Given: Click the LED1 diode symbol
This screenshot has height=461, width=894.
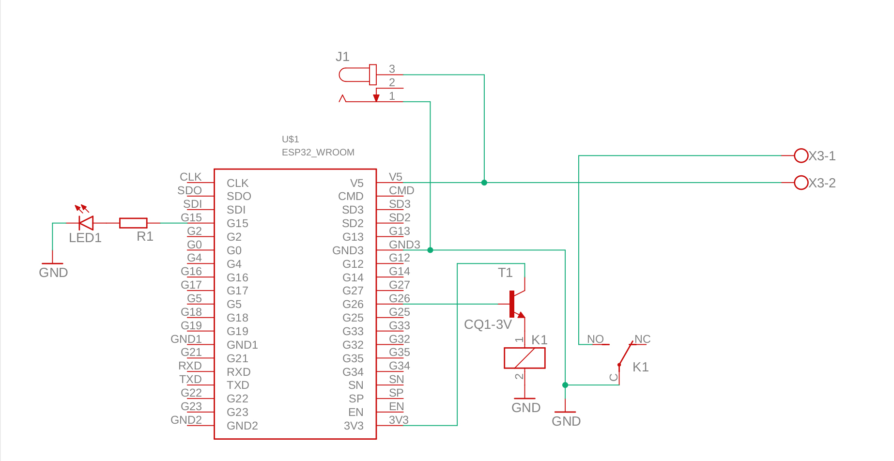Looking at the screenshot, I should point(86,223).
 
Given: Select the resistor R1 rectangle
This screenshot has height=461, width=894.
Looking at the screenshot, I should point(133,223).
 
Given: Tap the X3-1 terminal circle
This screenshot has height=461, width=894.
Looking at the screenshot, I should point(801,155).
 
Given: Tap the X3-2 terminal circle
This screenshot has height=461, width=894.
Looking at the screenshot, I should point(801,183).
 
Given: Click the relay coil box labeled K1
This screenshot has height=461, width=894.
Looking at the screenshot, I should point(524,358).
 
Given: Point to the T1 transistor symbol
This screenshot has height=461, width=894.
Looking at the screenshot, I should point(515,304).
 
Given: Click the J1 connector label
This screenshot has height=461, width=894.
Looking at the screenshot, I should point(342,57).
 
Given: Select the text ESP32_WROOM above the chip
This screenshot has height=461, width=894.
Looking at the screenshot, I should point(318,152).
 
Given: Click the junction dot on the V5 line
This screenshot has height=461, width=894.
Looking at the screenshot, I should point(484,183).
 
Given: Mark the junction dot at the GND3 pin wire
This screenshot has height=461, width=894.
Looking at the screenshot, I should point(430,250).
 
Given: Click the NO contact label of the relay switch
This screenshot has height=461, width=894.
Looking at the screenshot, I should point(595,339).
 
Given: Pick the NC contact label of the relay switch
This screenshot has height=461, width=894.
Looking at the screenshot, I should point(642,339).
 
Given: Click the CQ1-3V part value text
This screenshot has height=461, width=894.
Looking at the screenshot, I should point(488,324).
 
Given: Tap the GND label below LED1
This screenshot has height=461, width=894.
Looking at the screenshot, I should point(53,273).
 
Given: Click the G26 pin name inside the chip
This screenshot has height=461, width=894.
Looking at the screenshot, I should point(353,304).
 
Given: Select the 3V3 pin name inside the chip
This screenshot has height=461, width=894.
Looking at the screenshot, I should point(354,426).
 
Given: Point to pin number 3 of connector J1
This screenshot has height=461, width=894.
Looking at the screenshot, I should point(392,69).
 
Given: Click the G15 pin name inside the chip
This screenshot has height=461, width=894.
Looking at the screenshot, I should point(237,223).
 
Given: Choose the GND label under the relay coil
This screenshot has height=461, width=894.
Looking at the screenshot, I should point(526,408).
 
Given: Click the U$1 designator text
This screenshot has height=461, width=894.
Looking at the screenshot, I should point(290,139).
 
